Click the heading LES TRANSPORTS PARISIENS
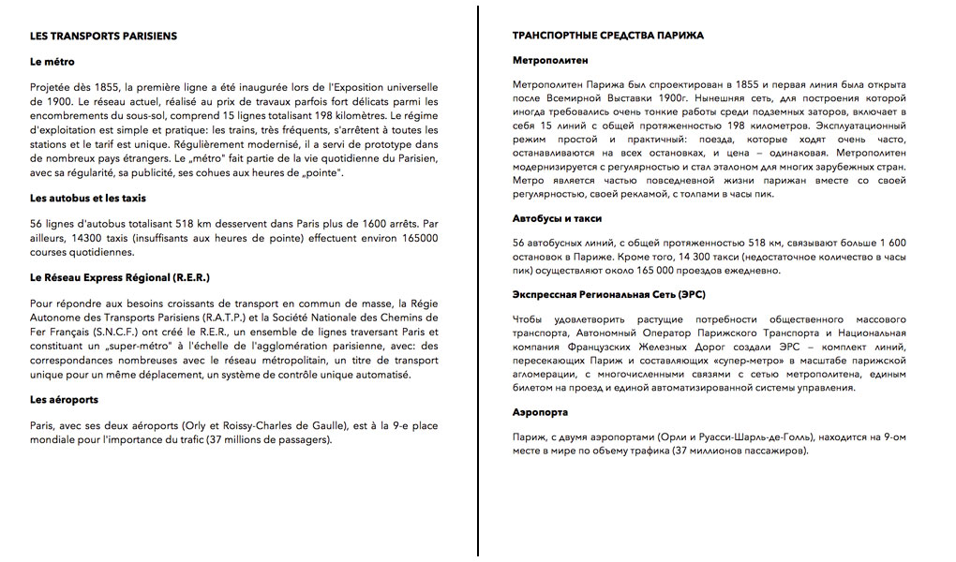pos(103,37)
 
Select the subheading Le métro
pos(52,62)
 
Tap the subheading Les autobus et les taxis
pos(88,199)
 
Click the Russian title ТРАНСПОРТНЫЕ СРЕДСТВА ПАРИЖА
pos(608,36)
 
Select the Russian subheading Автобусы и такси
pos(557,218)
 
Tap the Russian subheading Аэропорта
pos(540,413)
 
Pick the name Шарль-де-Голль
pos(758,437)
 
